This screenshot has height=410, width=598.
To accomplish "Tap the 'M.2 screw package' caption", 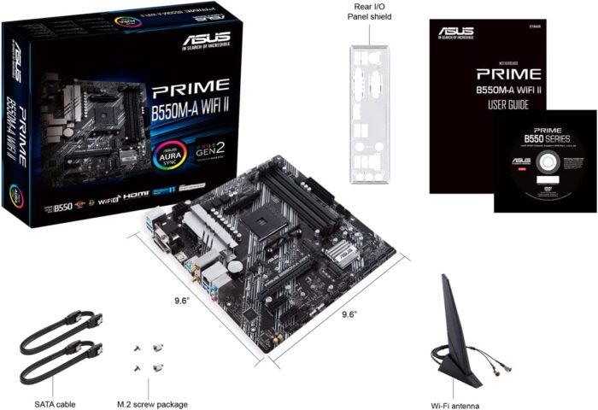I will tap(151, 403).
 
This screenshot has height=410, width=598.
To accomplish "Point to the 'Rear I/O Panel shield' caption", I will tap(369, 10).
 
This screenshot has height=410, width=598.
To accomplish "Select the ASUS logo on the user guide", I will tap(456, 33).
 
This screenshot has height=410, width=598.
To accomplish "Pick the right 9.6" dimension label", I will tap(348, 313).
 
